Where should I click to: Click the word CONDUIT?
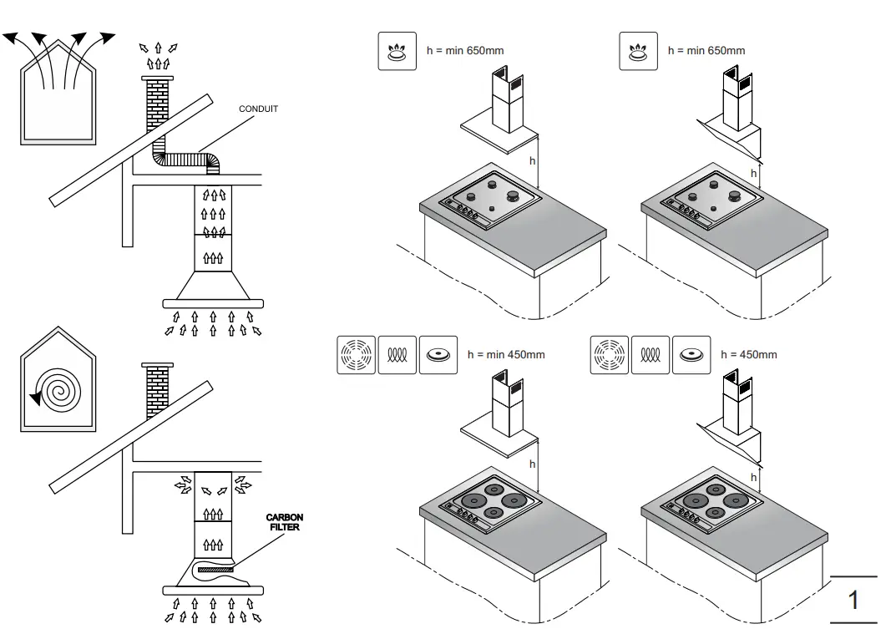(x=258, y=109)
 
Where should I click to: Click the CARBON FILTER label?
(x=284, y=522)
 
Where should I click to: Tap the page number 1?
(x=853, y=601)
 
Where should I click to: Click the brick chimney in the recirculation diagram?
(x=156, y=393)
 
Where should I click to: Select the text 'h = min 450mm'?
(x=505, y=354)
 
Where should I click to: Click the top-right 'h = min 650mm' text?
(x=706, y=50)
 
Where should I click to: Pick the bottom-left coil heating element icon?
(x=397, y=354)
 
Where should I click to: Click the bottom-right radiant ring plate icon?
(x=609, y=354)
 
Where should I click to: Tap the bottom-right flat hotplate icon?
(x=691, y=354)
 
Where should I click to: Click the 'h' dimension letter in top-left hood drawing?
(x=532, y=160)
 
